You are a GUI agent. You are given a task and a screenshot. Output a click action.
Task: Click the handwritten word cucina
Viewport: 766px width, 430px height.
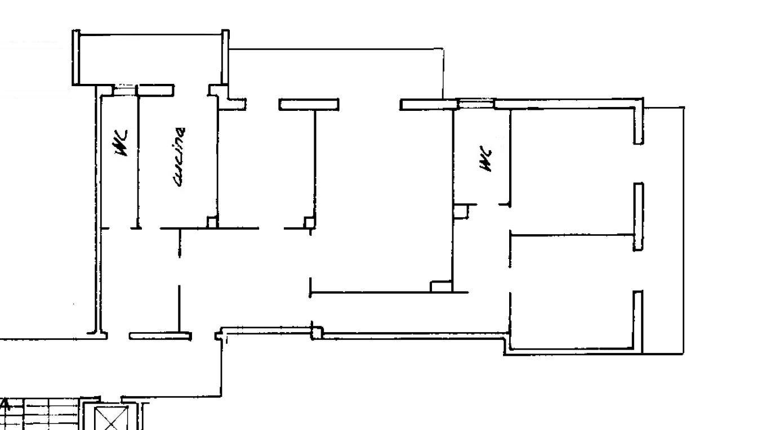[x=179, y=157]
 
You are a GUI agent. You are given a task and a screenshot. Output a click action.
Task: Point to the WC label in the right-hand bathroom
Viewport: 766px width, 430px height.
[x=486, y=159]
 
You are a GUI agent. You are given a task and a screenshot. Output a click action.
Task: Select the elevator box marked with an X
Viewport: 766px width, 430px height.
[x=111, y=418]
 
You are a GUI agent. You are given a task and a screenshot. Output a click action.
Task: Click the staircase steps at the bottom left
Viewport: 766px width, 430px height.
[x=41, y=414]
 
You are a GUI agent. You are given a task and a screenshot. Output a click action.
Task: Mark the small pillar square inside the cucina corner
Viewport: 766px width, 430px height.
[x=212, y=222]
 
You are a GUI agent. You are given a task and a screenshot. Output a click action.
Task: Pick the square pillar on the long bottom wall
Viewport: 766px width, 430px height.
[x=317, y=333]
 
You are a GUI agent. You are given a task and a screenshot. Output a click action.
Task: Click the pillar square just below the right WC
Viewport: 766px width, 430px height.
[x=461, y=212]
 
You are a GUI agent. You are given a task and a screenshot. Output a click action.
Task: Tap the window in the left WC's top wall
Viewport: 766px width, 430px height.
[x=124, y=91]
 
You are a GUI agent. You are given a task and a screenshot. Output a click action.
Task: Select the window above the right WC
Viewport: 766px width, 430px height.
[x=476, y=104]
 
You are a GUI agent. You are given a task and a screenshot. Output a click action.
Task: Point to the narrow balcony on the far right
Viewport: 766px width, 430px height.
[x=663, y=230]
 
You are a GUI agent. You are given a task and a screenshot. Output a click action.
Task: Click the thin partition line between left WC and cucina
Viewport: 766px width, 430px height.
[x=138, y=162]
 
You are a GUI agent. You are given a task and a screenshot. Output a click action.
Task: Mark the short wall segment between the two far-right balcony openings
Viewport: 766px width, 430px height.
[x=639, y=217]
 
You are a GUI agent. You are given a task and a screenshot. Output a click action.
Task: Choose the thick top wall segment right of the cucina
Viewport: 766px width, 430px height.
[x=309, y=105]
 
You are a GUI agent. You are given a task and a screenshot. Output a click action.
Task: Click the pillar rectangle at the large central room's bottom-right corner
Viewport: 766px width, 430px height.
[x=441, y=286]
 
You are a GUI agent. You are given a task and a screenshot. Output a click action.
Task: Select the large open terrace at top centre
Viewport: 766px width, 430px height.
[x=335, y=74]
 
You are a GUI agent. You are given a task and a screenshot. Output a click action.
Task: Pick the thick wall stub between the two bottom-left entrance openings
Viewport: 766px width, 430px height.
[x=160, y=336]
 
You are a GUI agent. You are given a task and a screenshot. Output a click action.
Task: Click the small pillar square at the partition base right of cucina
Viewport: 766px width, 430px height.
[x=309, y=222]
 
